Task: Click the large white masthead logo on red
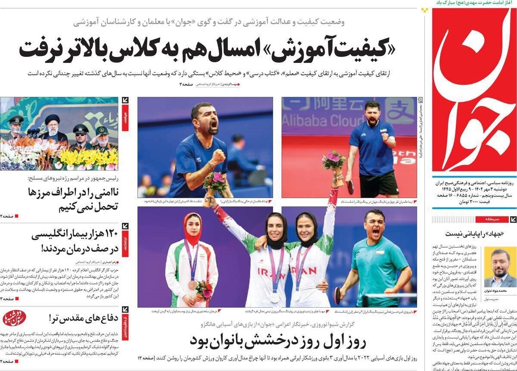[x=474, y=90]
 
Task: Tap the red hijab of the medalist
[x=192, y=228]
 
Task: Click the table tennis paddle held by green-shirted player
[x=338, y=295]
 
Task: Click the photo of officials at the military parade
[x=59, y=134]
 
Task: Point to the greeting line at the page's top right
[x=474, y=3]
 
